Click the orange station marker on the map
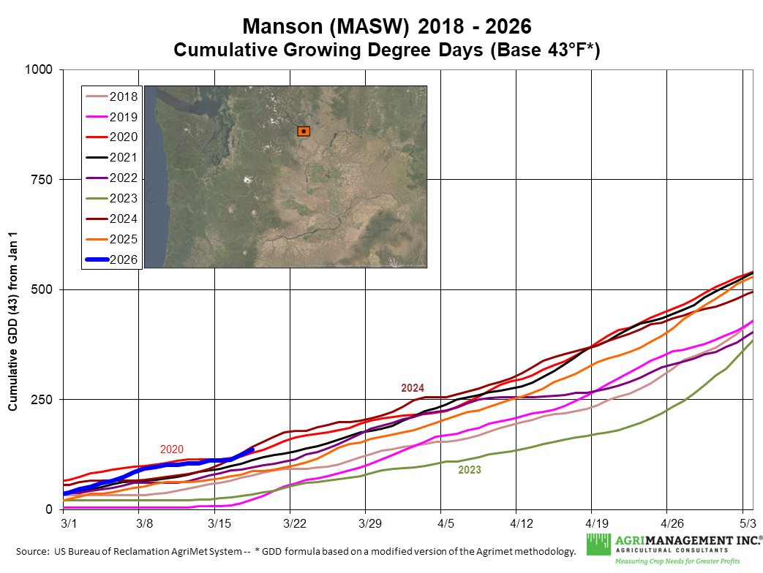304,131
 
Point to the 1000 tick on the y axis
41,69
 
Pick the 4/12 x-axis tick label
516,524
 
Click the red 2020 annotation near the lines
172,449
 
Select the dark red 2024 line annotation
413,388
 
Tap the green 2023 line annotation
470,470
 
